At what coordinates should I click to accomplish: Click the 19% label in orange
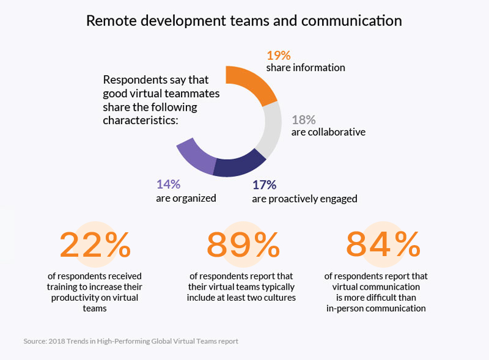coord(278,54)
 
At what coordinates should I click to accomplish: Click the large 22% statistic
coord(95,245)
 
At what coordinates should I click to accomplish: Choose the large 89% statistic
coord(243,245)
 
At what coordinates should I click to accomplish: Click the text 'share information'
coord(306,68)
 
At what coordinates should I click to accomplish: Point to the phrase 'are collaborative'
coord(328,132)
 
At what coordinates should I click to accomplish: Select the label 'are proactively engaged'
coord(304,199)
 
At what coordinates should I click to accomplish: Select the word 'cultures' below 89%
coord(278,297)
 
